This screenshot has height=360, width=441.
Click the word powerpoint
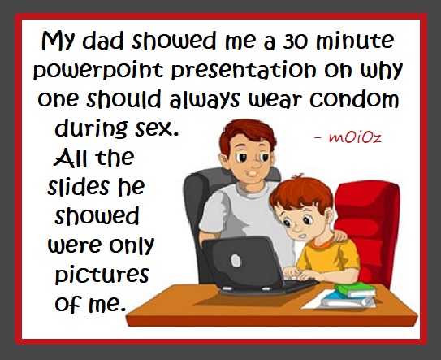[x=98, y=71]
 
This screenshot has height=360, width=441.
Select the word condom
[x=354, y=99]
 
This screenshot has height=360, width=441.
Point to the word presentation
[x=244, y=70]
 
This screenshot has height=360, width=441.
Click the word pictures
[x=102, y=274]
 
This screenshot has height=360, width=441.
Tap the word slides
[x=78, y=186]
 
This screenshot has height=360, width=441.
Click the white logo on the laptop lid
[x=236, y=260]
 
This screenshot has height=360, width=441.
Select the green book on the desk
[x=356, y=290]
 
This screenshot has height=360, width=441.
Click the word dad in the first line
[x=102, y=41]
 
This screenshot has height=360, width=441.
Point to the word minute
[x=355, y=41]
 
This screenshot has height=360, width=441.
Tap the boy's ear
[x=328, y=215]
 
